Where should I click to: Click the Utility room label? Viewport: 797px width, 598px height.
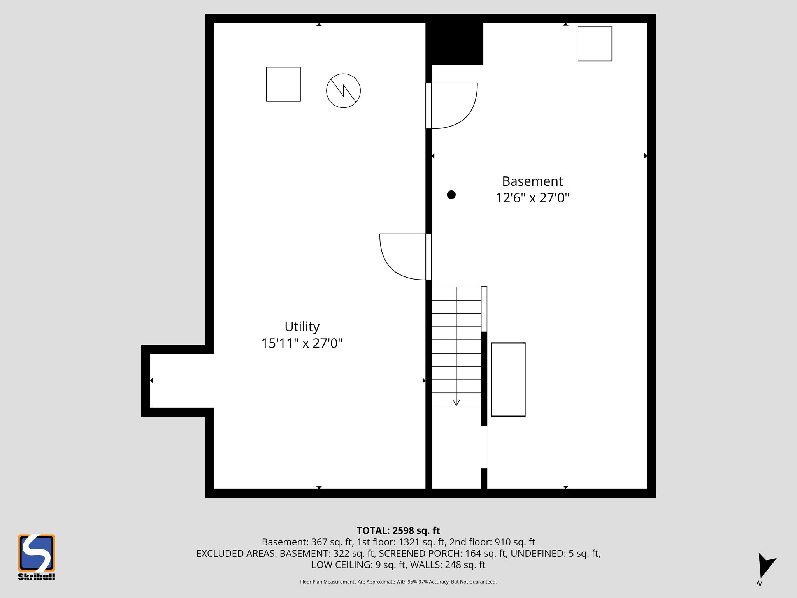(x=302, y=326)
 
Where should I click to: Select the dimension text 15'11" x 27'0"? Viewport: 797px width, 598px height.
(x=302, y=343)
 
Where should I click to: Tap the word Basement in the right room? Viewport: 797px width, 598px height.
(x=532, y=181)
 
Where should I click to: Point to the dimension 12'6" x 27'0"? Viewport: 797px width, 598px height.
(x=532, y=198)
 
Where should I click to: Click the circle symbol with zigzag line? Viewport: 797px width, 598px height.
(x=343, y=91)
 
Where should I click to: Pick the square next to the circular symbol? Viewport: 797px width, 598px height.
(x=283, y=84)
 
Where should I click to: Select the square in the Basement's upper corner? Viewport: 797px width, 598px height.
(x=595, y=44)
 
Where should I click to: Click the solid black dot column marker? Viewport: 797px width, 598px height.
(x=451, y=195)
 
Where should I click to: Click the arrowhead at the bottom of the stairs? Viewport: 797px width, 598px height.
(x=456, y=403)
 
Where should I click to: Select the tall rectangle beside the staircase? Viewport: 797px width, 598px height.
(x=508, y=379)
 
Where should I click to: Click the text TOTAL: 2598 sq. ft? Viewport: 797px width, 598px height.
(x=398, y=531)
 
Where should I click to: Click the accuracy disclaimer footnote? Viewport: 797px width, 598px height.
(x=398, y=582)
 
